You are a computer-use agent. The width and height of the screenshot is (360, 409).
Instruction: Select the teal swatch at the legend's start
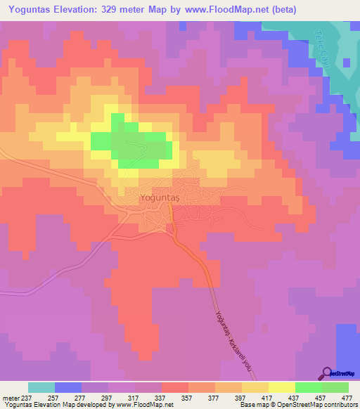[x=41, y=387]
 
